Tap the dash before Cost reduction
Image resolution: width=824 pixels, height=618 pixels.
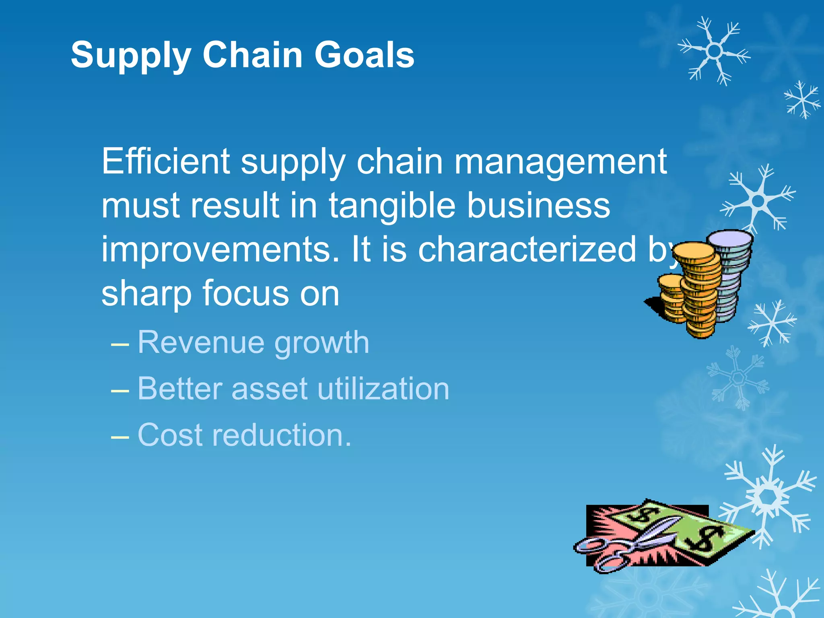(120, 436)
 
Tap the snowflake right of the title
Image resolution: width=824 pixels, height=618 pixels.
(714, 51)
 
